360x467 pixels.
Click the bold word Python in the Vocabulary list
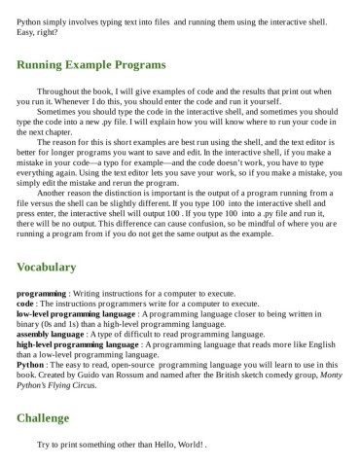[x=31, y=367]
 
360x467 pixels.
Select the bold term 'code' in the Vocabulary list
[x=26, y=302]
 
